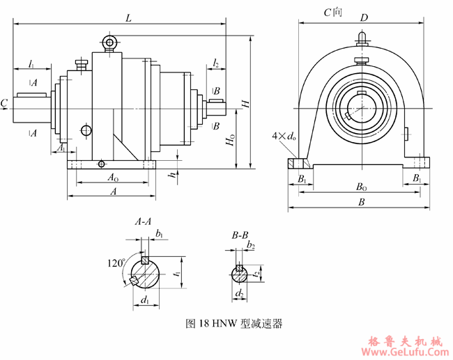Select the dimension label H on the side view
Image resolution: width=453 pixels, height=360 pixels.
245,103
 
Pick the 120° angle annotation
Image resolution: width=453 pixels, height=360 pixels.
115,263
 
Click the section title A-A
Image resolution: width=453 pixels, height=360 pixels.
143,223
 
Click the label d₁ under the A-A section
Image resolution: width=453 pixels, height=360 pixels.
144,301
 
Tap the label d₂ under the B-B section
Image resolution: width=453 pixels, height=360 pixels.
239,294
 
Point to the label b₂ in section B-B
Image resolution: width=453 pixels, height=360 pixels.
251,246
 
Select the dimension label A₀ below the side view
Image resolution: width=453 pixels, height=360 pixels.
112,178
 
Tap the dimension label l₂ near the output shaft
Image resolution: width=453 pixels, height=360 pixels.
216,63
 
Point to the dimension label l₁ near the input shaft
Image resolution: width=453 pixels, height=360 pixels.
31,63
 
